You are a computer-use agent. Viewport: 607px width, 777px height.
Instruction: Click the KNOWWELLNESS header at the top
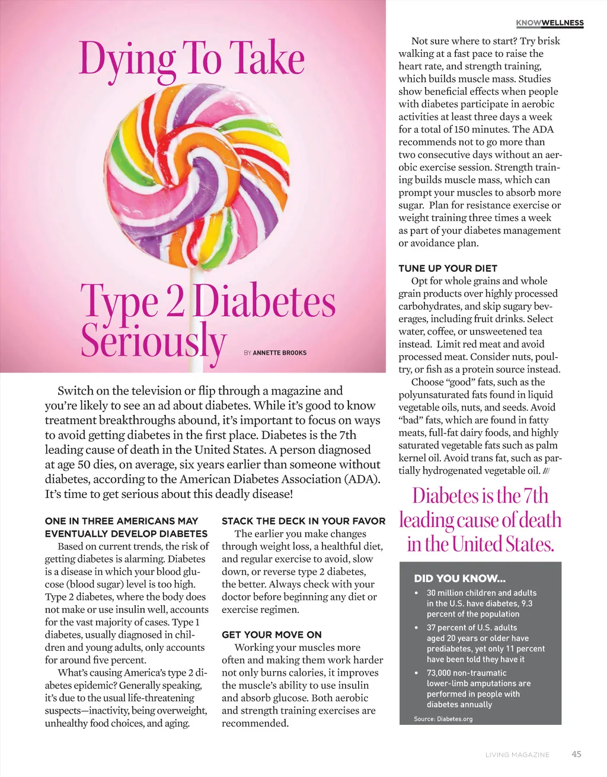(550, 23)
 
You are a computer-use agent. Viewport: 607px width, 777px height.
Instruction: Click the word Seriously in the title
(154, 341)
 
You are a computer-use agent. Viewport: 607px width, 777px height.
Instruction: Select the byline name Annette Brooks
(280, 353)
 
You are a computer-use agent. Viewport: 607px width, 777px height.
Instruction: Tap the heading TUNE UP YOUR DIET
(448, 268)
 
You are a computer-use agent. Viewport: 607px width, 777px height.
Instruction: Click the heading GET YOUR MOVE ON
(271, 635)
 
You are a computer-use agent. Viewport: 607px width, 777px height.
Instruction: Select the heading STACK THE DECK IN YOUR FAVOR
(303, 521)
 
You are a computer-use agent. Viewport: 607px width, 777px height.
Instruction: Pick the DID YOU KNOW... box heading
(459, 579)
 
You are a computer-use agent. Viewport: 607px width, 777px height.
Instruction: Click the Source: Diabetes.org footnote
(443, 719)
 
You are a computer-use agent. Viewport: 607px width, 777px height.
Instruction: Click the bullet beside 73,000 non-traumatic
(417, 673)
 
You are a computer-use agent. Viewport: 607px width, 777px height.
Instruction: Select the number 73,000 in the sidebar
(439, 673)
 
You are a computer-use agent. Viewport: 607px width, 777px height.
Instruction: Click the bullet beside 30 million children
(417, 593)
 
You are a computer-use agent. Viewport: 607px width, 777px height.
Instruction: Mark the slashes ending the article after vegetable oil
(547, 471)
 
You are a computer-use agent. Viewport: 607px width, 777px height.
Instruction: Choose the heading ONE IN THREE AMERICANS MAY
(122, 521)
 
